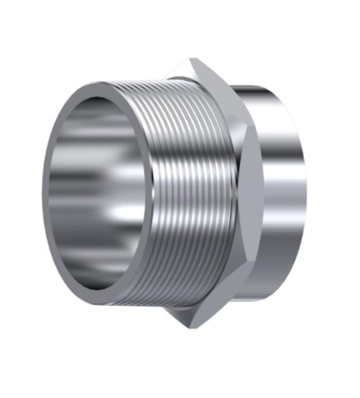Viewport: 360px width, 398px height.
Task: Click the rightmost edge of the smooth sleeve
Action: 306,193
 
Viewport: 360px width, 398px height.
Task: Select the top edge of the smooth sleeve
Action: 265,86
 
